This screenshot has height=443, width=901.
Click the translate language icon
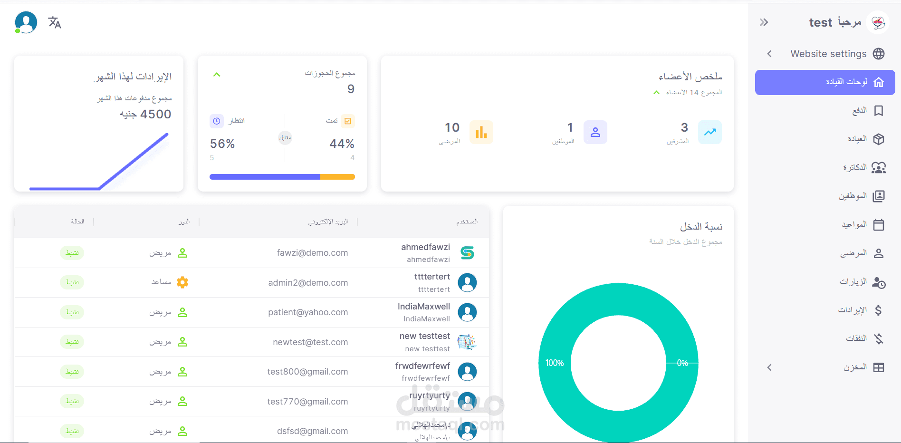coord(55,22)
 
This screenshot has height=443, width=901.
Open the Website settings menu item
coord(828,54)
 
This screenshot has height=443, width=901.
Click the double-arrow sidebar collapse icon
coord(764,22)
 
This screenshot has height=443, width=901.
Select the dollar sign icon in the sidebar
coord(878,310)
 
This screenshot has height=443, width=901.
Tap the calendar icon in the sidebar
coord(879,225)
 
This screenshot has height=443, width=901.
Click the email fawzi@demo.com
coord(312,253)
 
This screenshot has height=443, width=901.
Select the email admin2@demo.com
coord(308,283)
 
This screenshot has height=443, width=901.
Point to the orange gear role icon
coord(182,282)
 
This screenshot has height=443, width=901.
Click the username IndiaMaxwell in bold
coord(423,307)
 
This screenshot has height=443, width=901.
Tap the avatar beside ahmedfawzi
coord(467,253)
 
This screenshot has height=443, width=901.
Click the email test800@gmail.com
coord(307,372)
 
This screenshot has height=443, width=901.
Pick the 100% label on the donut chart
coord(554,363)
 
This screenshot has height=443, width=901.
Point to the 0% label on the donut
coord(682,363)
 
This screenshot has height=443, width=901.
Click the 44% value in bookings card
coord(342,144)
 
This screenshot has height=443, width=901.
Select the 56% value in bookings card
coord(222,144)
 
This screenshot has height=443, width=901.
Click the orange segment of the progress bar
coord(337,177)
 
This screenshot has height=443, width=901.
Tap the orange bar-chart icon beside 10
coord(481,132)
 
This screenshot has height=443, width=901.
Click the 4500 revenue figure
coord(155,114)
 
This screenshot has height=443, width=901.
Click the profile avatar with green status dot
coord(26,22)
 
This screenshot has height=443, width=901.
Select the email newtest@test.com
coord(310,342)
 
